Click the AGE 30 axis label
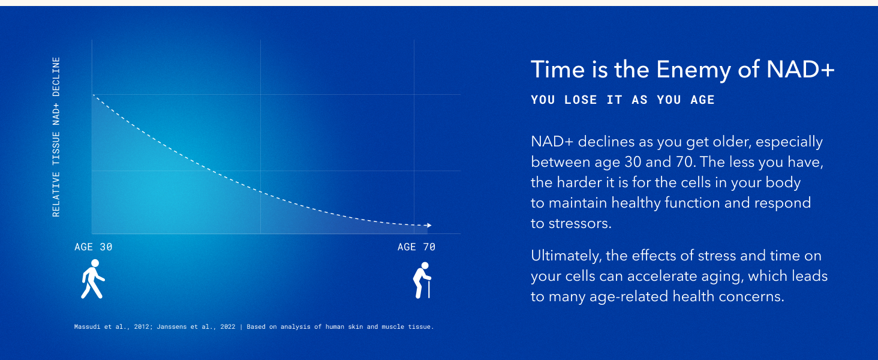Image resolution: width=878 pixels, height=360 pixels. click(94, 247)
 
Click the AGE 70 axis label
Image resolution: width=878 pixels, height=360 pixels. click(416, 247)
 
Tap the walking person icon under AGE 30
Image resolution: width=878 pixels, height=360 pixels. click(92, 279)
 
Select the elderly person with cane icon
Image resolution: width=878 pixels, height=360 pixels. click(422, 280)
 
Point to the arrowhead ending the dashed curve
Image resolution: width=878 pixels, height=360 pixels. click(429, 225)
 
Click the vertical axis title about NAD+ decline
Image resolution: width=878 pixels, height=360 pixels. click(56, 137)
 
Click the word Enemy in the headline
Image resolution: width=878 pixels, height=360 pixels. click(694, 70)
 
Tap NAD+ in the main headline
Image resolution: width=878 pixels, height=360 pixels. click(801, 70)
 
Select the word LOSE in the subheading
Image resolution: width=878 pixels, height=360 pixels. click(581, 100)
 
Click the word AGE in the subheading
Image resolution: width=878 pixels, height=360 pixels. click(703, 100)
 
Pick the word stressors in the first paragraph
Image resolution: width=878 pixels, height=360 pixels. click(580, 224)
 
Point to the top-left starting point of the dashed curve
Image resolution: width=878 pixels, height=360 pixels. click(94, 95)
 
